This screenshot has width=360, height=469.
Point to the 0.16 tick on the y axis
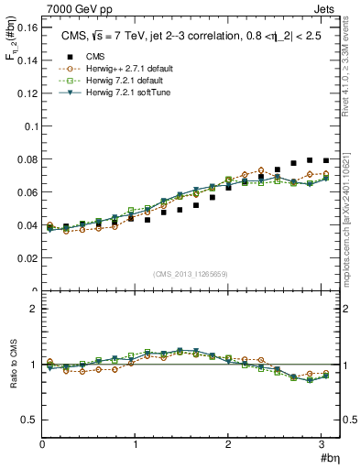(27, 28)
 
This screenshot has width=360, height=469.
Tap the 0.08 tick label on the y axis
(27, 159)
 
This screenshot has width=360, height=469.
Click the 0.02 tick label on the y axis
(27, 258)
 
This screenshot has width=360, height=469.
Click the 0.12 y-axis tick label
(27, 93)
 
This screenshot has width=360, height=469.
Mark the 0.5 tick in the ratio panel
(29, 420)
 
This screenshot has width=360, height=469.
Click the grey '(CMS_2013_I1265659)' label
(190, 274)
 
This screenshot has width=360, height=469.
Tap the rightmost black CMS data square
(326, 160)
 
